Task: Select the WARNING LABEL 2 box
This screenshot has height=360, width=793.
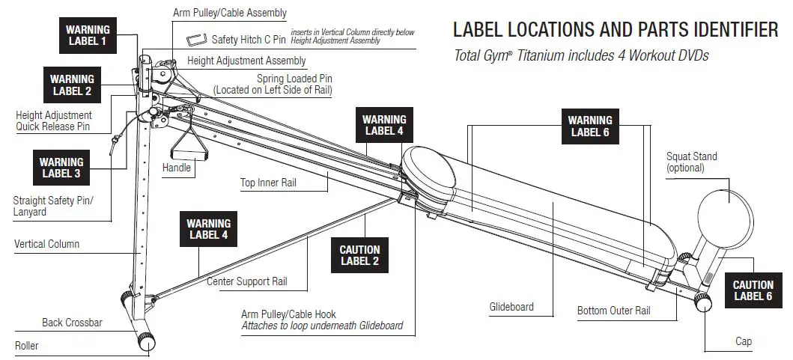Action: [x=72, y=85]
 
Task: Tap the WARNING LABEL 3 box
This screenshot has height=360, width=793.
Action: [x=61, y=168]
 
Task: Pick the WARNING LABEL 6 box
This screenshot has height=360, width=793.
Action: [x=590, y=126]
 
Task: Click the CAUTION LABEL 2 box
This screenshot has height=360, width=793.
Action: [x=359, y=255]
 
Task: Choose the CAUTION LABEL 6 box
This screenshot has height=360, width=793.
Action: [x=753, y=290]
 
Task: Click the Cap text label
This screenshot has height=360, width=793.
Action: [x=743, y=341]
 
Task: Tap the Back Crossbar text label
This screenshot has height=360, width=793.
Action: [x=72, y=323]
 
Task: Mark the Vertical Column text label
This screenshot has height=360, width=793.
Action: [x=46, y=244]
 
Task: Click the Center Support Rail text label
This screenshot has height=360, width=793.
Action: [x=246, y=282]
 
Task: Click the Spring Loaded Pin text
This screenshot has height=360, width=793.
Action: [x=294, y=78]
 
